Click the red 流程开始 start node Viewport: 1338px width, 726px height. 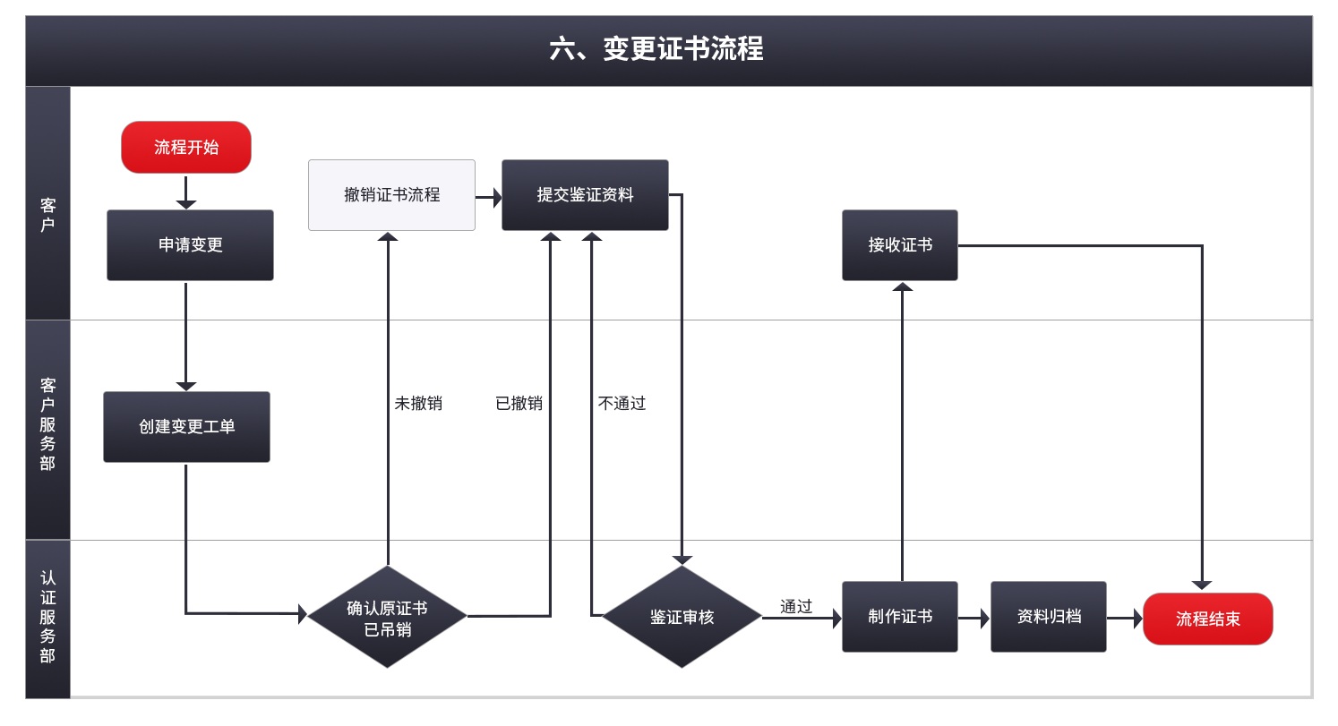pos(186,147)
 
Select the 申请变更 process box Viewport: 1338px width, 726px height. pos(190,245)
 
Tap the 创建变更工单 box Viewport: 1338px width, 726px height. pos(186,427)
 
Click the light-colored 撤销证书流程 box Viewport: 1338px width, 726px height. pos(391,195)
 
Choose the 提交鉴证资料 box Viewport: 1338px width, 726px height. pos(585,195)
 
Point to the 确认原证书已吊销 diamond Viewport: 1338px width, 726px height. pos(387,617)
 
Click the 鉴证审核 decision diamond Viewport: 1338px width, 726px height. pos(682,617)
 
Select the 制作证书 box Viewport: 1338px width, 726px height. pos(899,617)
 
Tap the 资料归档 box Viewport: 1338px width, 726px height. pos(1048,617)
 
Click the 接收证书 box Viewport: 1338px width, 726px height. pos(899,245)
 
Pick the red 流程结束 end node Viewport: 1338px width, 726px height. pos(1207,619)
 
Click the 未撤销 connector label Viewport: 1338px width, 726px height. pos(418,404)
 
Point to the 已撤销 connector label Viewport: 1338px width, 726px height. pos(519,404)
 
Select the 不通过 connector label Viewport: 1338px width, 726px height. pos(622,404)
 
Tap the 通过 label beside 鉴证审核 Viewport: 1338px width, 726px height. pos(795,607)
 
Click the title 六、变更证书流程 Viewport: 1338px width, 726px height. pos(656,49)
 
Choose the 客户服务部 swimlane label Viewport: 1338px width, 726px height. pos(47,424)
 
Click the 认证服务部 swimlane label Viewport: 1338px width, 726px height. pos(47,617)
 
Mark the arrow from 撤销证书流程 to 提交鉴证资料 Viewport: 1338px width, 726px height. pos(488,197)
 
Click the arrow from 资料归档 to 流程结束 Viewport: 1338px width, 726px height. pos(1125,618)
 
